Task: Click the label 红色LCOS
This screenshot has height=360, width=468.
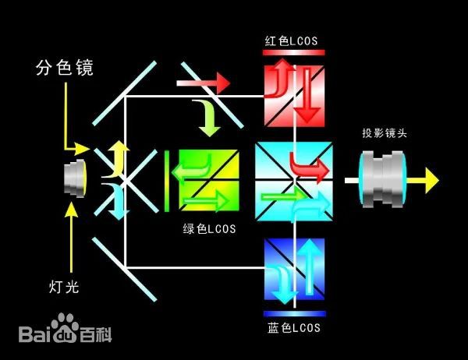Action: point(293,40)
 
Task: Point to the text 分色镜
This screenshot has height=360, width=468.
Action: point(64,69)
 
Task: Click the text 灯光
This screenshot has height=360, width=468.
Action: point(65,287)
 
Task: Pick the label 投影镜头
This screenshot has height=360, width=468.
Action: point(384,133)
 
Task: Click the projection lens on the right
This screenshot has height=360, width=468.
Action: point(385,180)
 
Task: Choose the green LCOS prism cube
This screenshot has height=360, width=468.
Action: point(207,180)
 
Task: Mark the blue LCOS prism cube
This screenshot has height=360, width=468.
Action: point(294,270)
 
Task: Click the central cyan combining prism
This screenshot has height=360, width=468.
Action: point(294,180)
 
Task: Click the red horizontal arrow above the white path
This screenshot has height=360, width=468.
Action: point(204,81)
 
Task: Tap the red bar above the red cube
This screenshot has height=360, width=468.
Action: point(294,52)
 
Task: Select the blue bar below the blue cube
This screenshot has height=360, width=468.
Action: point(294,314)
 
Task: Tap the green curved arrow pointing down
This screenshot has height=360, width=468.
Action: point(207,115)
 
